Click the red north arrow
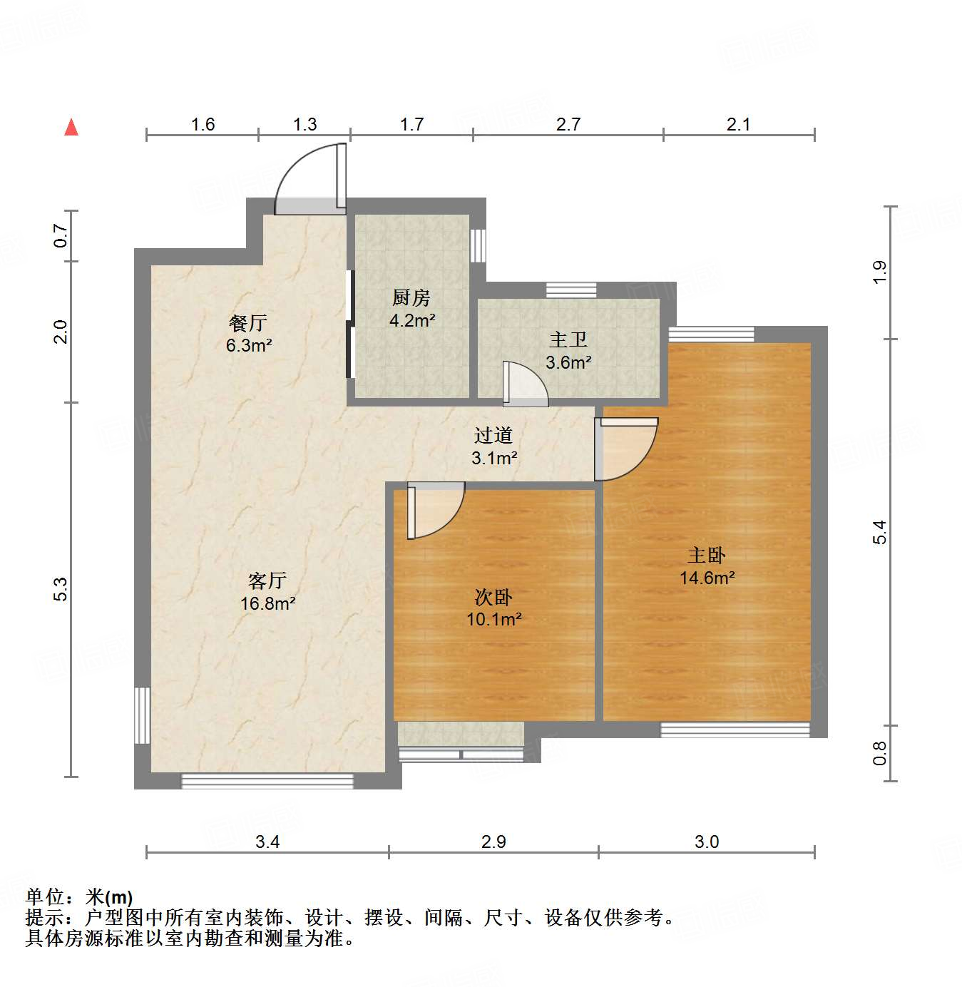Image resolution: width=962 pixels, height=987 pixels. [x=71, y=127]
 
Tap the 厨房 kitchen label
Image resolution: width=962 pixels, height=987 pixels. [x=411, y=297]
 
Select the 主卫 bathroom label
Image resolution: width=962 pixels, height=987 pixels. [x=568, y=339]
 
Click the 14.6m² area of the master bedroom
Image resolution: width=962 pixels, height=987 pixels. [x=707, y=578]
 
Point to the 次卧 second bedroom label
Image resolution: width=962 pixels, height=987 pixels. [x=493, y=597]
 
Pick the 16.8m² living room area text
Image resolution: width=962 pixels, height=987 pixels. [x=267, y=603]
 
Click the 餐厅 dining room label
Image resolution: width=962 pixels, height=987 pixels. [x=248, y=322]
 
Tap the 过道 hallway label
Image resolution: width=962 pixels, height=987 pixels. [x=493, y=435]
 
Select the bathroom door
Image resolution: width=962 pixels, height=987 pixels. [x=524, y=385]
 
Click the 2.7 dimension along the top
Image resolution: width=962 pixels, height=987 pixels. [x=568, y=125]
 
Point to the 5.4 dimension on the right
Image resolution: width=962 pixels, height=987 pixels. [x=880, y=532]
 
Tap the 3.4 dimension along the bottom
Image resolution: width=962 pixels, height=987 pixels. [x=267, y=842]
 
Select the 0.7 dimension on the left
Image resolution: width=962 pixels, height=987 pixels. [x=61, y=235]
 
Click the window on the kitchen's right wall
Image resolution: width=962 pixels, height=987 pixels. [x=478, y=245]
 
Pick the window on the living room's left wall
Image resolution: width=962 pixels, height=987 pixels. [x=143, y=715]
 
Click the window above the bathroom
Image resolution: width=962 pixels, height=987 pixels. [x=571, y=290]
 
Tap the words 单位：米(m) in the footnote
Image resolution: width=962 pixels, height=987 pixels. [x=79, y=897]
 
